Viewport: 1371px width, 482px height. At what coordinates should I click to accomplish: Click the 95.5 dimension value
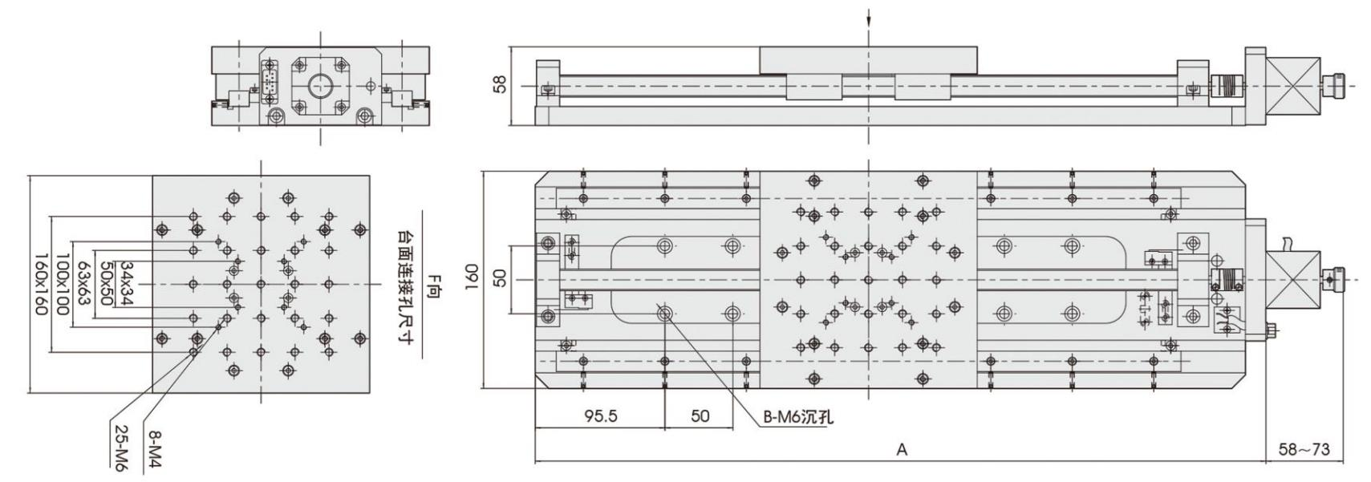tap(600, 416)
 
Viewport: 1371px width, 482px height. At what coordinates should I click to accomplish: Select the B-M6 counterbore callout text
tap(797, 418)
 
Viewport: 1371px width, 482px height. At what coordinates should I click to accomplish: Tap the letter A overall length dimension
tap(902, 450)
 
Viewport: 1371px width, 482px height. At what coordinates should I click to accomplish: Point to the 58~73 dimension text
tap(1304, 450)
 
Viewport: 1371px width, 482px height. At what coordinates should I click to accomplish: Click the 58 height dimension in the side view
tap(501, 84)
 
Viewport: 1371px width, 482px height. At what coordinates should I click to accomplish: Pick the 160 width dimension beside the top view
tap(471, 279)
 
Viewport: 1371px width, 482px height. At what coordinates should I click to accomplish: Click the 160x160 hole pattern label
tap(40, 284)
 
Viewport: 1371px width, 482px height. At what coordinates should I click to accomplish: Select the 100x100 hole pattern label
tap(62, 284)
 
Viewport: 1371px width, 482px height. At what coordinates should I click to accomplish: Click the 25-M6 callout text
tap(120, 448)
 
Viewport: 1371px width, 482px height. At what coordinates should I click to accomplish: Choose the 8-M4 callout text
tap(153, 449)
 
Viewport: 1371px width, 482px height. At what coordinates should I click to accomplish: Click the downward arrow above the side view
tap(868, 18)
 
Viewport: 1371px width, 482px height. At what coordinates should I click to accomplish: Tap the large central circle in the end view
tap(321, 86)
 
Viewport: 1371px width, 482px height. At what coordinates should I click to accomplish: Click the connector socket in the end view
tap(270, 81)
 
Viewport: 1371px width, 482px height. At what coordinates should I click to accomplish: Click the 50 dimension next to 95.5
tap(700, 416)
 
